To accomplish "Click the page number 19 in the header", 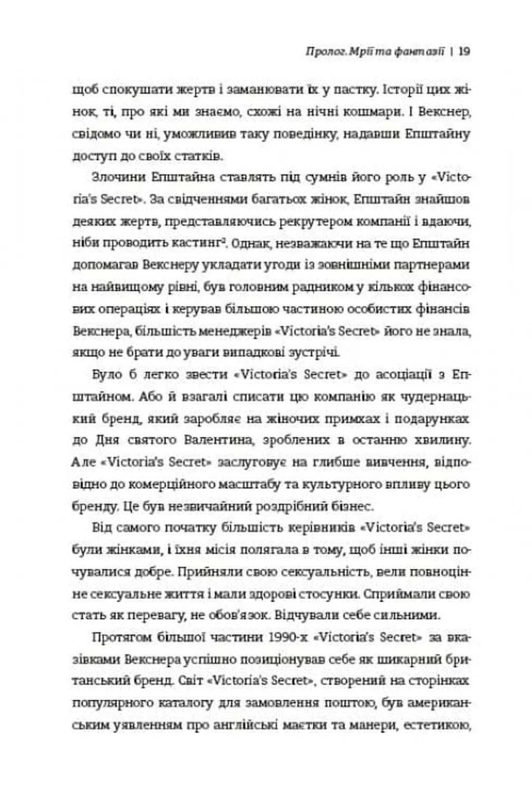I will (464, 52).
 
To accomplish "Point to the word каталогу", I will (187, 703).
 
